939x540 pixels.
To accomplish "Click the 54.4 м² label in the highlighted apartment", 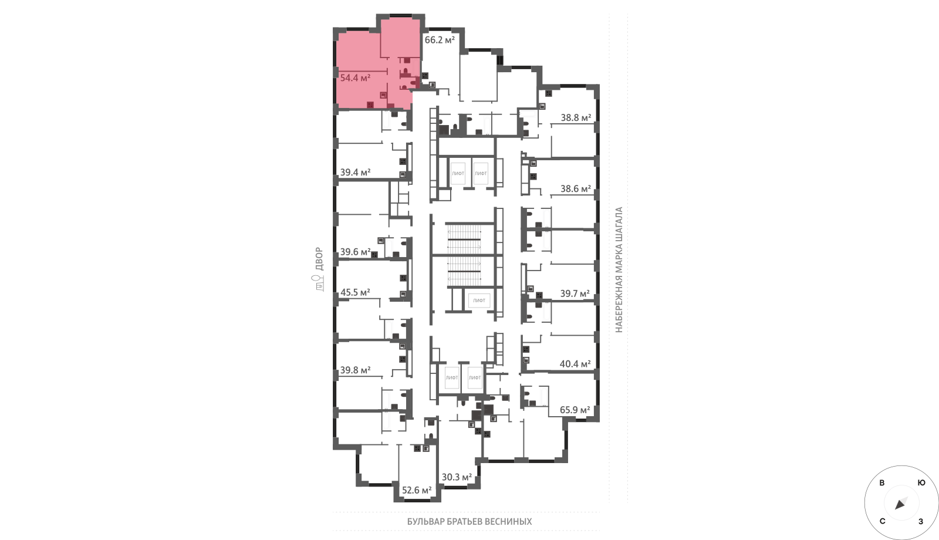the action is click(x=355, y=78).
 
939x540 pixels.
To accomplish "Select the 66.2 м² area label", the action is click(x=440, y=41).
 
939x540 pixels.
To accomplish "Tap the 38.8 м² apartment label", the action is click(x=576, y=118).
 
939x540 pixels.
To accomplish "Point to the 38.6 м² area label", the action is click(x=576, y=189).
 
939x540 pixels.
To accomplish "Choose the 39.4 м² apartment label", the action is click(x=355, y=173).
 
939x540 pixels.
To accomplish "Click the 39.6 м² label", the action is click(x=355, y=252).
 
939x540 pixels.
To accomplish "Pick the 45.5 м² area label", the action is click(x=355, y=293).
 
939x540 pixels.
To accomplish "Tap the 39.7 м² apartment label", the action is click(x=575, y=294).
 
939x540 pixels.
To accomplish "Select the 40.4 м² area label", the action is click(x=575, y=364).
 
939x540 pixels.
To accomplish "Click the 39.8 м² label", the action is click(x=355, y=370).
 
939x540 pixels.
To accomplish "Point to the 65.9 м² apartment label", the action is click(x=575, y=410).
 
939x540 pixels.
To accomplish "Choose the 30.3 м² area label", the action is click(x=457, y=477).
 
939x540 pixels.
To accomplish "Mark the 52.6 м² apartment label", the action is click(x=417, y=491).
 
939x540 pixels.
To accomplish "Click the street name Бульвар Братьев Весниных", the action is click(x=469, y=522).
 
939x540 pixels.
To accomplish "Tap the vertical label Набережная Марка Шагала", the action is click(x=619, y=270).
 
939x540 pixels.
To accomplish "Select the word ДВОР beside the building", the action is click(x=319, y=259).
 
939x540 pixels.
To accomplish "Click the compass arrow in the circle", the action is click(x=900, y=504).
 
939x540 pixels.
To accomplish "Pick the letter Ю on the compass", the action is click(x=921, y=483).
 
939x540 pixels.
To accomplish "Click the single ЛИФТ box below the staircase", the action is click(x=479, y=301).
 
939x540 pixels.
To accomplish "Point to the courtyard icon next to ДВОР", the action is click(x=319, y=283).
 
